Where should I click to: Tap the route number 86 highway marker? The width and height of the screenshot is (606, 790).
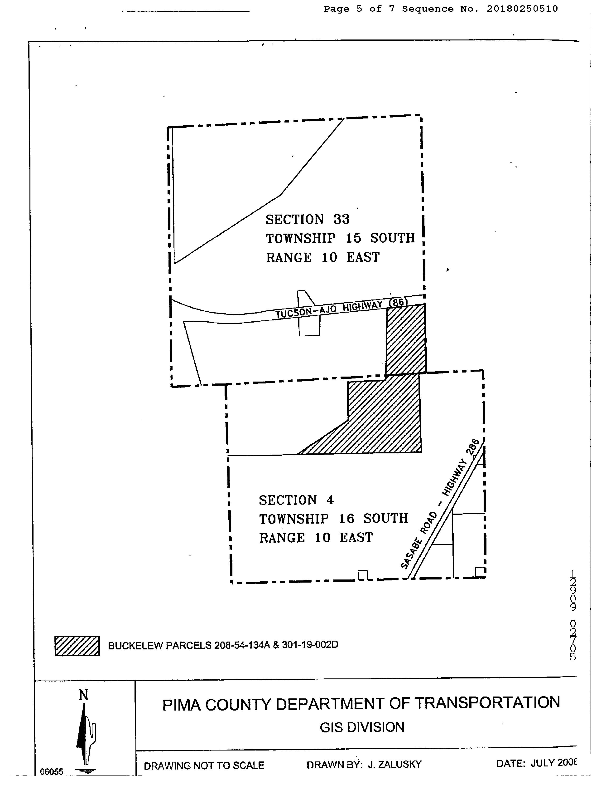coord(398,302)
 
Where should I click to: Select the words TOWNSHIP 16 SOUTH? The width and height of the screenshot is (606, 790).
coord(333,519)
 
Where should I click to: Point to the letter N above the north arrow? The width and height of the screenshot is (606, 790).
coord(83,695)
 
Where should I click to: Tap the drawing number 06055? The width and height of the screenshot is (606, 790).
coord(51,772)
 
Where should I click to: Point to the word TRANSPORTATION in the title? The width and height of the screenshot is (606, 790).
coord(487,703)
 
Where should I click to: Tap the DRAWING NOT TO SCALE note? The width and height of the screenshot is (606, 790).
coord(204,765)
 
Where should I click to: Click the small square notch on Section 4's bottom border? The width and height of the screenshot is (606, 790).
coord(362,575)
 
